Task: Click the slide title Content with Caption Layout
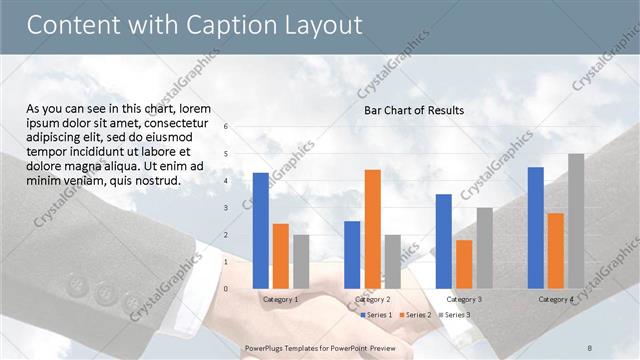click(x=194, y=25)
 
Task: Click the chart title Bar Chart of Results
click(x=413, y=110)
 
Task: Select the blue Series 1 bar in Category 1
click(x=261, y=230)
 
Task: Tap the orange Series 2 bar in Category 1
click(x=281, y=256)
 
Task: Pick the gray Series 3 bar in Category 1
click(x=301, y=261)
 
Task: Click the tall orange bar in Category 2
click(x=372, y=228)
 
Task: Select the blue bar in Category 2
click(x=352, y=254)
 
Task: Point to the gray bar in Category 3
click(x=484, y=247)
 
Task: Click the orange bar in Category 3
click(x=464, y=264)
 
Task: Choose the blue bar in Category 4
click(x=536, y=227)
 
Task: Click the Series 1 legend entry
click(x=376, y=315)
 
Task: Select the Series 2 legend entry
click(x=415, y=315)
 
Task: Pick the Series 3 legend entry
click(x=453, y=315)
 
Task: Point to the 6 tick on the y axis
click(x=227, y=127)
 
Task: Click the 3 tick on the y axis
click(x=227, y=208)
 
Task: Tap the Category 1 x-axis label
click(x=281, y=299)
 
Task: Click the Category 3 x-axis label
click(x=464, y=299)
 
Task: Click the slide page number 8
click(x=589, y=347)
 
